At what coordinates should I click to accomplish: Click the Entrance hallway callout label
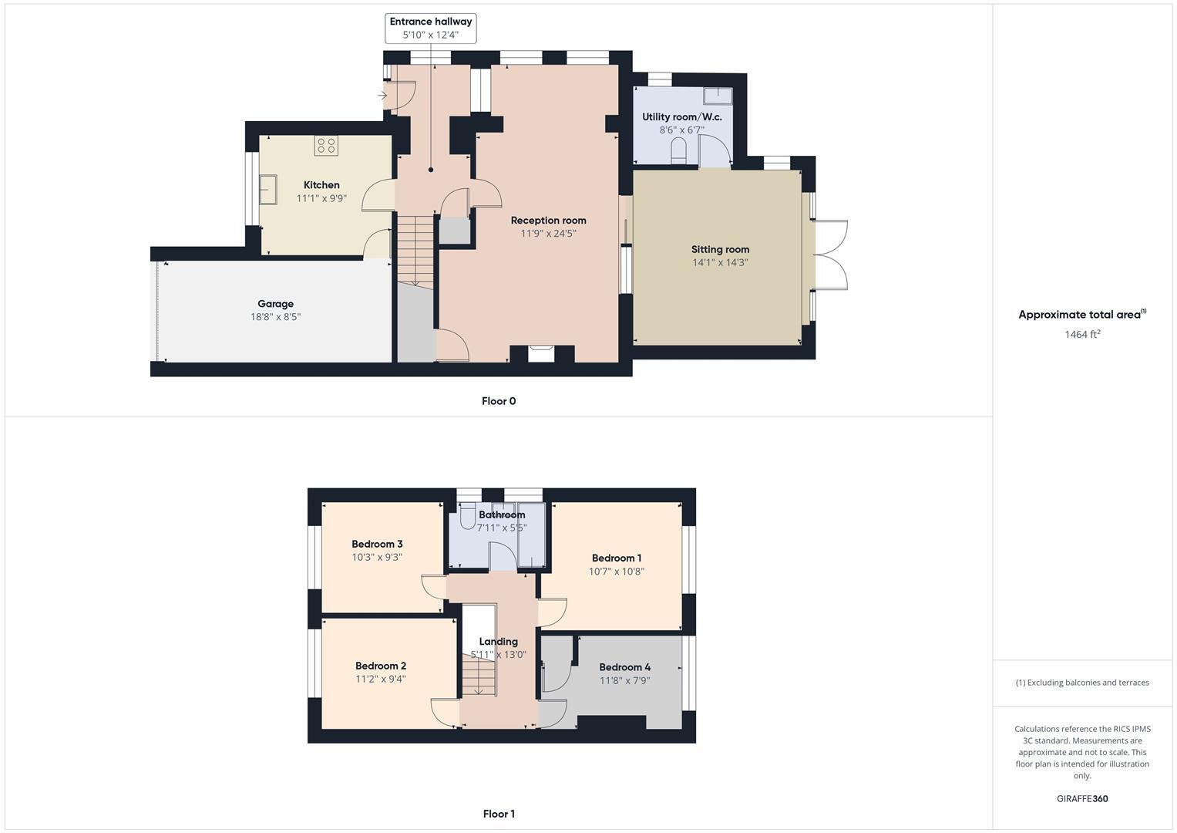[431, 22]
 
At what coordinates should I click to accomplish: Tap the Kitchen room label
[321, 185]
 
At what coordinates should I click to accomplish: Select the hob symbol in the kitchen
[326, 146]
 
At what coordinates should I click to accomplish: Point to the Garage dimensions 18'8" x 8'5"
[275, 317]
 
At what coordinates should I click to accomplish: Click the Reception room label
[548, 221]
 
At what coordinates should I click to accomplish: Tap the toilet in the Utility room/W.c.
[679, 151]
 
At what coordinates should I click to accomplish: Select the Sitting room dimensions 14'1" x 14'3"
[720, 263]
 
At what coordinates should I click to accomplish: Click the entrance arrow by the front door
[382, 96]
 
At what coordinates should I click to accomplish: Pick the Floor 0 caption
[499, 401]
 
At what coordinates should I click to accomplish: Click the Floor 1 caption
[499, 814]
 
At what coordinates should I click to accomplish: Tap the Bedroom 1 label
[617, 558]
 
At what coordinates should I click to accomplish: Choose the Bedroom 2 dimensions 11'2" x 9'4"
[381, 680]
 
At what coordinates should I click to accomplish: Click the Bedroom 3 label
[377, 545]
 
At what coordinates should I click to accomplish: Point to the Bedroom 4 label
[624, 667]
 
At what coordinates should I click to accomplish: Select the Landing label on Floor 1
[498, 642]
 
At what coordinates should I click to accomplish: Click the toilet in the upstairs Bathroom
[467, 520]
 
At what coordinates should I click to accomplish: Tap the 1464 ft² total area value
[1082, 335]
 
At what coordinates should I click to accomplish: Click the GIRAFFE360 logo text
[1082, 799]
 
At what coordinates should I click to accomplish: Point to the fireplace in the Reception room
[541, 352]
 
